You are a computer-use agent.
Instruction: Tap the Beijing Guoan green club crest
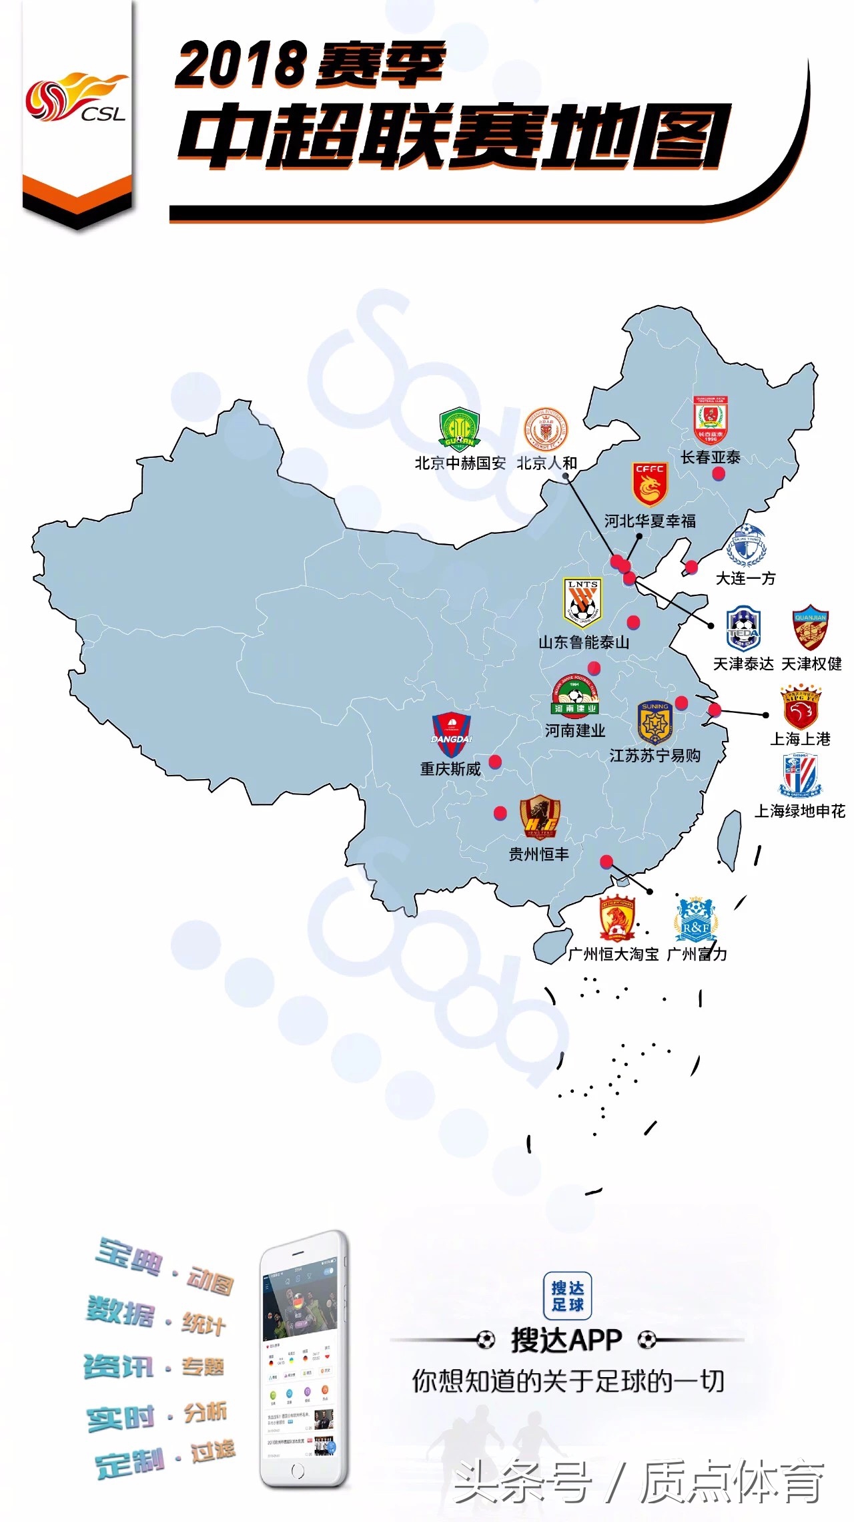460,429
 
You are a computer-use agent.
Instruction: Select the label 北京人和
546,463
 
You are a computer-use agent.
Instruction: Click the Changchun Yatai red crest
710,421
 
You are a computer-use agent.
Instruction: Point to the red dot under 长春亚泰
719,474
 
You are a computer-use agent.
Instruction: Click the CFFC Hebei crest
649,484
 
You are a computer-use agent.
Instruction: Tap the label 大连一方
745,578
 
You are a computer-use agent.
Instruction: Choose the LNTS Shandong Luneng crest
583,603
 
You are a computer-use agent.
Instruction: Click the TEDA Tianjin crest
743,629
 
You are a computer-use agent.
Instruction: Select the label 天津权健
811,664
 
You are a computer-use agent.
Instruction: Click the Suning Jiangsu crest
655,722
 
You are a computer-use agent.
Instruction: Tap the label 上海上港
800,739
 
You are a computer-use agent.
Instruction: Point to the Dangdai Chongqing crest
452,735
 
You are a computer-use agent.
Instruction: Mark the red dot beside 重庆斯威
495,762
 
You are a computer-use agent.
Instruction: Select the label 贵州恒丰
539,854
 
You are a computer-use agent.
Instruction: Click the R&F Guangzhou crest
696,919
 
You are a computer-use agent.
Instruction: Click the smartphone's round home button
298,1471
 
